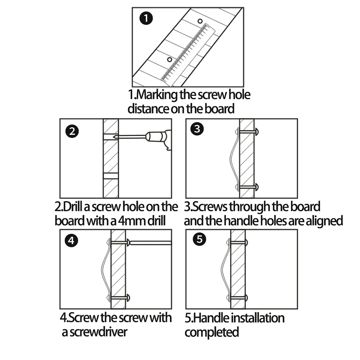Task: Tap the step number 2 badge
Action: pos(72,131)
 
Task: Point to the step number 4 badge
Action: pos(72,241)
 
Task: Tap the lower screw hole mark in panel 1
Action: pos(170,59)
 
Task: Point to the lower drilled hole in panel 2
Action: pos(111,176)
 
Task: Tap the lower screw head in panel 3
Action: pos(256,187)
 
